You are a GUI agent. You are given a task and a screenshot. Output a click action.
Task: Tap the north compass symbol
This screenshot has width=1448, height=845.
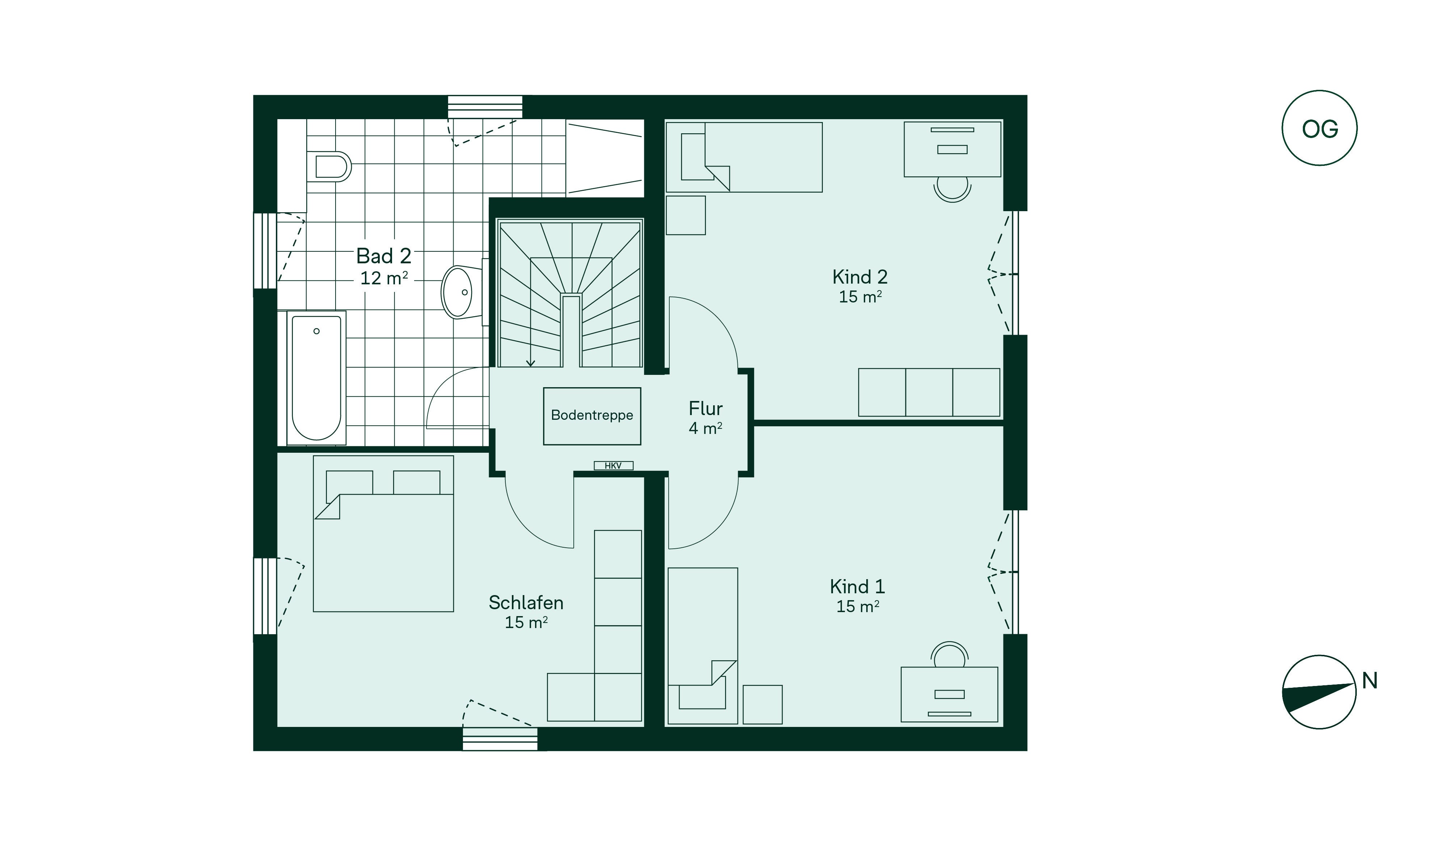tap(1319, 692)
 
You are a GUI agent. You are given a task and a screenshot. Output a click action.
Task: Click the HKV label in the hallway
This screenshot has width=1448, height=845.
tap(613, 466)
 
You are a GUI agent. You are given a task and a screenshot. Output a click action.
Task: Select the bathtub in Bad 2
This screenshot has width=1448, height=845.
tap(316, 378)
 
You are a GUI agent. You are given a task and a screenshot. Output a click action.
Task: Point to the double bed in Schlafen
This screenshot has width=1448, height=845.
tap(383, 534)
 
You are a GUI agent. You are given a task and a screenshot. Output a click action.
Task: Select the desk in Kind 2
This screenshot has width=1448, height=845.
tap(952, 149)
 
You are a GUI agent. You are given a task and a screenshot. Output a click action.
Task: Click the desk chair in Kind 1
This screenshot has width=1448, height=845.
tap(949, 655)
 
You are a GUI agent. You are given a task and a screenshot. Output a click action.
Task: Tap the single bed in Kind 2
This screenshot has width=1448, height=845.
tap(744, 157)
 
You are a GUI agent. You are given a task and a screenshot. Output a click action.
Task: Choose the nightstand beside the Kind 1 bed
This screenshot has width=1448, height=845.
tap(762, 704)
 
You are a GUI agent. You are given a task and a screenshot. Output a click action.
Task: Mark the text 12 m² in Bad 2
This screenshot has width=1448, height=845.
tap(384, 278)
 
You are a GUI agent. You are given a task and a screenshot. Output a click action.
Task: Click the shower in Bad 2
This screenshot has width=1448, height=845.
tap(605, 158)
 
